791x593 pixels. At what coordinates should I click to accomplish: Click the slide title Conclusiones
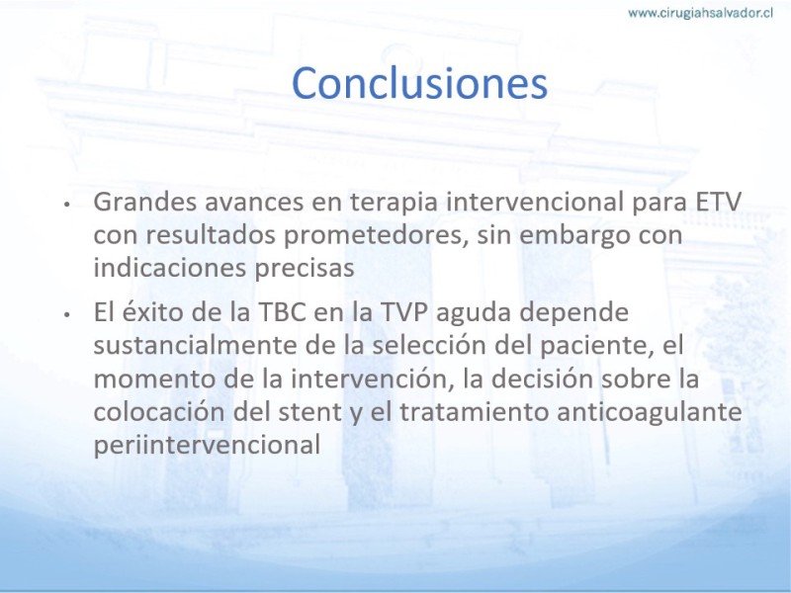click(419, 83)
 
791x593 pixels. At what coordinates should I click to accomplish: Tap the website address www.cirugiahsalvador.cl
click(700, 13)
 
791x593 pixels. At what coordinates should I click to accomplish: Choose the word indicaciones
click(170, 268)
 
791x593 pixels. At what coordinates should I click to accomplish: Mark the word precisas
click(305, 269)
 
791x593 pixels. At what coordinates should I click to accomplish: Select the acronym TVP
click(403, 312)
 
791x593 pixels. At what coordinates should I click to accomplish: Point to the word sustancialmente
click(193, 345)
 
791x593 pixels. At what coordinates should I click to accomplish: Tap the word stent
click(310, 412)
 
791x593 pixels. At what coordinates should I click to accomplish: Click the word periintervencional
click(208, 446)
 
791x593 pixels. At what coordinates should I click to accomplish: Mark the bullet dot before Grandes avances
click(66, 204)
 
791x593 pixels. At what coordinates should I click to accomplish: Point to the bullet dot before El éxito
click(66, 314)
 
